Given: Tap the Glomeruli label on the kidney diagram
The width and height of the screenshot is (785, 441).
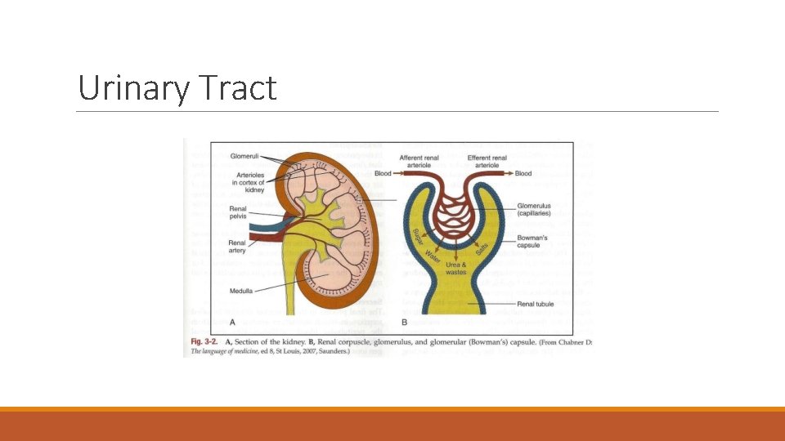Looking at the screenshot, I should coord(244,155).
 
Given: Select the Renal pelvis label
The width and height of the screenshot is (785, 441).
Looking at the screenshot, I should coord(238,212).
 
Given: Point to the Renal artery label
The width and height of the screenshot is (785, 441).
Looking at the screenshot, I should coord(237,247).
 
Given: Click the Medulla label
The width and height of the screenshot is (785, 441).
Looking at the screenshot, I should coord(243,290).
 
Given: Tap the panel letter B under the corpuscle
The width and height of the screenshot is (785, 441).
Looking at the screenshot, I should coord(404,322).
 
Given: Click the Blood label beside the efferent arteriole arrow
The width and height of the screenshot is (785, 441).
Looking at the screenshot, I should coord(523,173).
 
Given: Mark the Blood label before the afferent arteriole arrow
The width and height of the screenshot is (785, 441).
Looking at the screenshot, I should coord(384,173).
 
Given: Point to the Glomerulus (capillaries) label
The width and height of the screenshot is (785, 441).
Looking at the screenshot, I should coord(535,209).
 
